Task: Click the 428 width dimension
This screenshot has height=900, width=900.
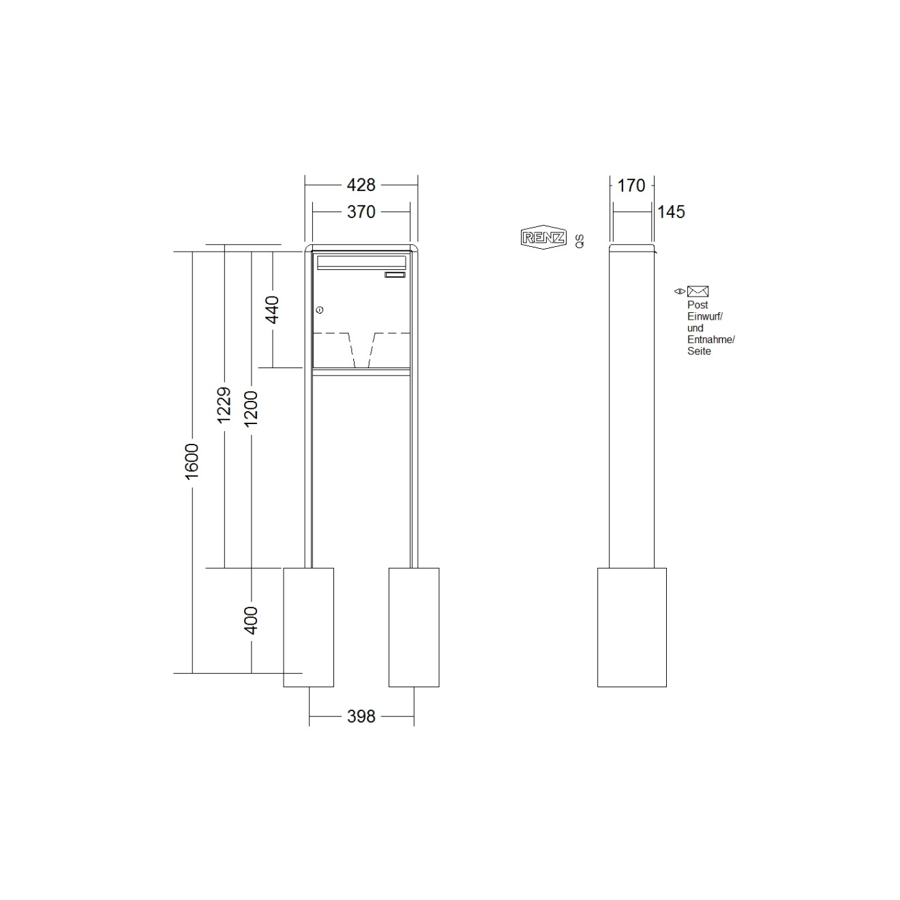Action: click(361, 185)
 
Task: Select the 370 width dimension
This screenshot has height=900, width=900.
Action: click(361, 212)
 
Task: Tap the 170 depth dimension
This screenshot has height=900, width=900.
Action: click(631, 185)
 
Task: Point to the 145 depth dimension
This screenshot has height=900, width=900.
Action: click(671, 212)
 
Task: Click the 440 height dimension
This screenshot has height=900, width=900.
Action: click(272, 310)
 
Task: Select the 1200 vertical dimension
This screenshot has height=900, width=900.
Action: click(252, 408)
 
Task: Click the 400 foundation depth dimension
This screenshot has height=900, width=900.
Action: click(252, 620)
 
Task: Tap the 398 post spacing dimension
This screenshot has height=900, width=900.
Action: click(361, 717)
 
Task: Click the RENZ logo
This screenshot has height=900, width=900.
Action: click(543, 237)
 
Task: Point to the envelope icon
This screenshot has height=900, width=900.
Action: click(697, 292)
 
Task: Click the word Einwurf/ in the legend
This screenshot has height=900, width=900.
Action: click(704, 316)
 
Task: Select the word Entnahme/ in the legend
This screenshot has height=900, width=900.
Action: click(710, 340)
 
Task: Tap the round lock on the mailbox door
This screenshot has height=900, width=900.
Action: click(320, 310)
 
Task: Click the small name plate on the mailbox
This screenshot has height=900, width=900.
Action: click(395, 275)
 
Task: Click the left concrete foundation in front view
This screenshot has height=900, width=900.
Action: click(308, 627)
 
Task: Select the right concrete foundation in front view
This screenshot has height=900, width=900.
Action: click(413, 627)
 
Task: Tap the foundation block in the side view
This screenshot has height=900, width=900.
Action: click(631, 627)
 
